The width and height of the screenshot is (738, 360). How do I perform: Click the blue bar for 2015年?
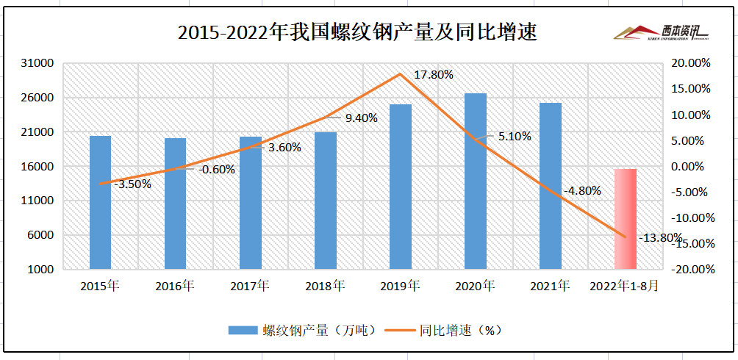[x=100, y=202]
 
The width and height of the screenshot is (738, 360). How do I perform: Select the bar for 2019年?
[x=401, y=187]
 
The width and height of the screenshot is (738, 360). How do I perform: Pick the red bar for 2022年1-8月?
[x=626, y=219]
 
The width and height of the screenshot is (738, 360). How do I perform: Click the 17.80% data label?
[x=434, y=75]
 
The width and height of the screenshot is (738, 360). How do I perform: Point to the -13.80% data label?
[x=660, y=237]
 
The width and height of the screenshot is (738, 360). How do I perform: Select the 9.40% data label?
[x=361, y=118]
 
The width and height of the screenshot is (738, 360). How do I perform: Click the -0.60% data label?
[x=217, y=169]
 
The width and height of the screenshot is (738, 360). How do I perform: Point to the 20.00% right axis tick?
[x=692, y=63]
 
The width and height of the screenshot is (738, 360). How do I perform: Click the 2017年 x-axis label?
[x=250, y=286]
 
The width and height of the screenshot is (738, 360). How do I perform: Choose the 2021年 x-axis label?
[x=551, y=286]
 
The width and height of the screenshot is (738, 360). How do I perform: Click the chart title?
[x=358, y=33]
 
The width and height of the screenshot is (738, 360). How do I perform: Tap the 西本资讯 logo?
[x=662, y=32]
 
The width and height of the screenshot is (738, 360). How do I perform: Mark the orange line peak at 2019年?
[x=401, y=74]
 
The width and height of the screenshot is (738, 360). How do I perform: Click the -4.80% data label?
[x=582, y=191]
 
